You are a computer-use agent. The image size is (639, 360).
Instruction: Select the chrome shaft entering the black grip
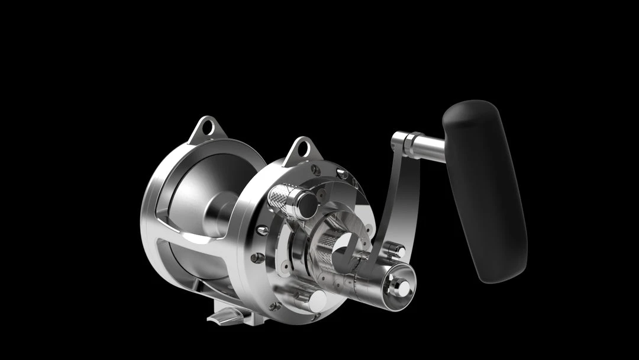click(x=429, y=147)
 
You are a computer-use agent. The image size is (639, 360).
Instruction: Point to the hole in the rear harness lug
click(x=206, y=127)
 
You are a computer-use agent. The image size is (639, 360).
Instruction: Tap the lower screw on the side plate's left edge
click(x=258, y=258)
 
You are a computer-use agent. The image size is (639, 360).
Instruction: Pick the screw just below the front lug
click(x=316, y=170)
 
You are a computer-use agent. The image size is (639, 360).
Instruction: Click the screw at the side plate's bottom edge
click(x=275, y=306)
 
